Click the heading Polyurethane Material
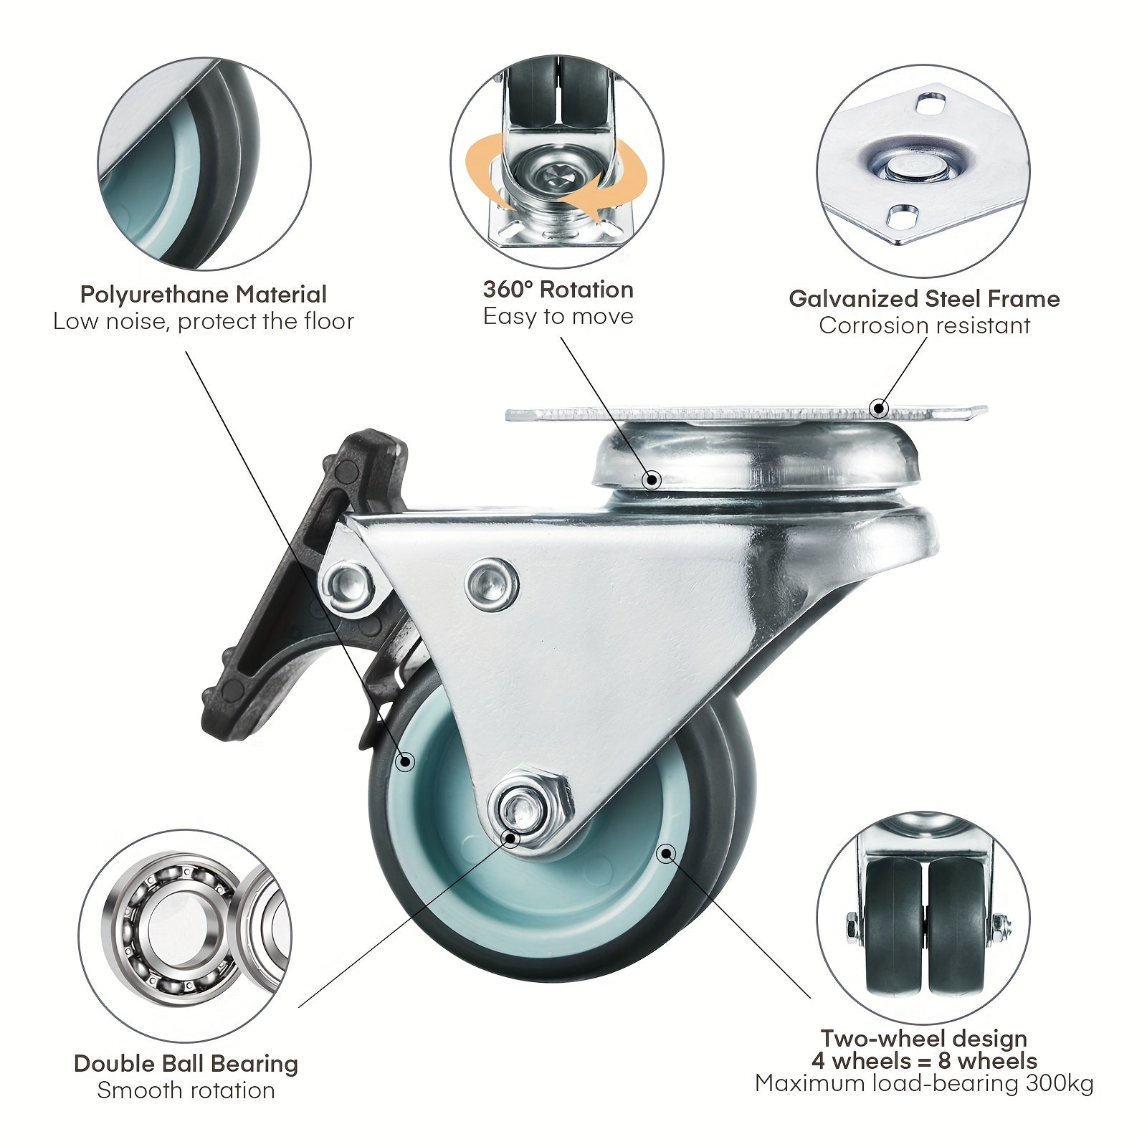[x=203, y=295]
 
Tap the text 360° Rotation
[x=558, y=290]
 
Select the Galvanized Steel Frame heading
[x=924, y=298]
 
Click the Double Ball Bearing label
[x=186, y=1064]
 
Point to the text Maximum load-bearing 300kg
[x=924, y=1083]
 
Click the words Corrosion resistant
[x=925, y=325]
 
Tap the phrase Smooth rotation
[x=186, y=1090]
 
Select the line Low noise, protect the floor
[x=204, y=321]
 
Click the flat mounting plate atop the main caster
[x=746, y=414]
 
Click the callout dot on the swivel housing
[x=652, y=479]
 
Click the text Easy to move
[x=558, y=316]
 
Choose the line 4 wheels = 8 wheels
[x=924, y=1060]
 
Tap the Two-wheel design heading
[x=924, y=1038]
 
